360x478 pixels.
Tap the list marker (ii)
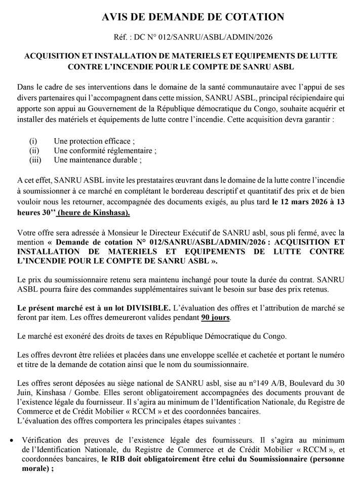(x=34, y=150)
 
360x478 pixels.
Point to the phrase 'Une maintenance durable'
(x=97, y=160)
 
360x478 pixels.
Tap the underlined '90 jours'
(x=215, y=318)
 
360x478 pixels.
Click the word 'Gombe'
(x=94, y=392)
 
